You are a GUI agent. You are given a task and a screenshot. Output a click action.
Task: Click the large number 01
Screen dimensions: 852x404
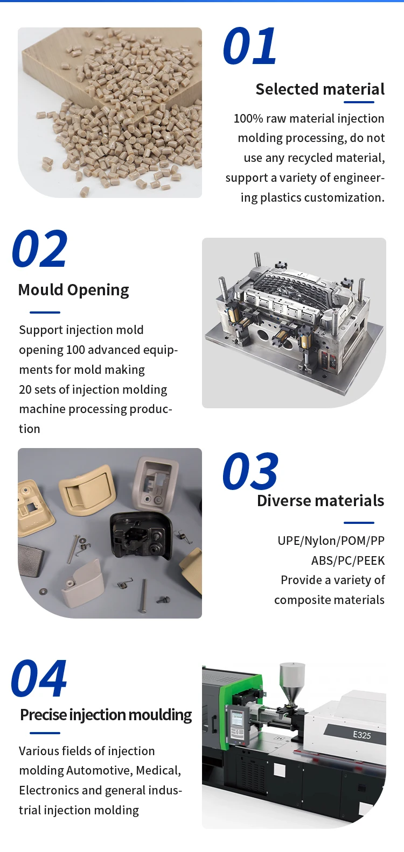point(249,47)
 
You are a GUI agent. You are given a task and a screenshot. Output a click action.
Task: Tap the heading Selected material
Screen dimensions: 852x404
point(320,89)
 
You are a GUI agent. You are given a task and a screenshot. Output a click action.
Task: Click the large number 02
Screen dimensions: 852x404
point(39,249)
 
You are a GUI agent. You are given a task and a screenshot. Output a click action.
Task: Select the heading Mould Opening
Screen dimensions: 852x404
point(74,290)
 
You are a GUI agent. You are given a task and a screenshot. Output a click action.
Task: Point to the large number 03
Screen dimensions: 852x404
point(250,472)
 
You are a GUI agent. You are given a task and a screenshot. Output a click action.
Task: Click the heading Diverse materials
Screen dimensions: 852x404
point(321,501)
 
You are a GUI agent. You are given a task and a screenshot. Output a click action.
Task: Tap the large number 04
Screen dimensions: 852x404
point(39,679)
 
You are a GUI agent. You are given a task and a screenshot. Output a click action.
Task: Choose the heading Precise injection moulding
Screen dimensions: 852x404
point(106,715)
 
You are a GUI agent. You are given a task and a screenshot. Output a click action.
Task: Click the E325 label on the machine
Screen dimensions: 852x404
point(361,735)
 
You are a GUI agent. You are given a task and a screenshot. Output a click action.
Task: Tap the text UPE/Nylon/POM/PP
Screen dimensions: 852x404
point(331,541)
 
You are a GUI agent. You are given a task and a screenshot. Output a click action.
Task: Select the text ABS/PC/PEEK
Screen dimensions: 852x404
point(347,560)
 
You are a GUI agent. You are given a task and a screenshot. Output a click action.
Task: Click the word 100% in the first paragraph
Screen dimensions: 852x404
point(248,119)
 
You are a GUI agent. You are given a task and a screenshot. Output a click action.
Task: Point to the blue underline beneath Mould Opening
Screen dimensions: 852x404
point(45,312)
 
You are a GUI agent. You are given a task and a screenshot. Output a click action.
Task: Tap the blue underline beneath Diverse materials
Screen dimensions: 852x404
point(359,522)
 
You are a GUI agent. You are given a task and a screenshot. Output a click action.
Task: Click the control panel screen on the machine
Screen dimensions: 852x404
point(237,719)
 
